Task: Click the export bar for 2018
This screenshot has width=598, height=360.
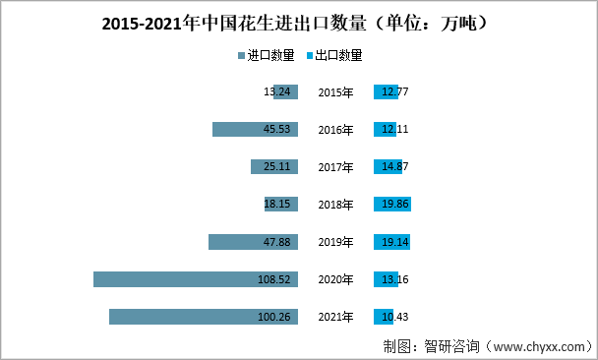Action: [x=391, y=205]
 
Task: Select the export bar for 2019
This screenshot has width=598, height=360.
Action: [x=390, y=242]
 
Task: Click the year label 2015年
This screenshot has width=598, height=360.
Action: [x=335, y=92]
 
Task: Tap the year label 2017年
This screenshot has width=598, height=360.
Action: [x=335, y=167]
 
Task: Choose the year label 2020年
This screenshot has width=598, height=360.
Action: [x=335, y=280]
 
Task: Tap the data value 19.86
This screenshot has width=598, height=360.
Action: [x=394, y=205]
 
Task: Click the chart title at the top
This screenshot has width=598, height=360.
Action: [x=298, y=22]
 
